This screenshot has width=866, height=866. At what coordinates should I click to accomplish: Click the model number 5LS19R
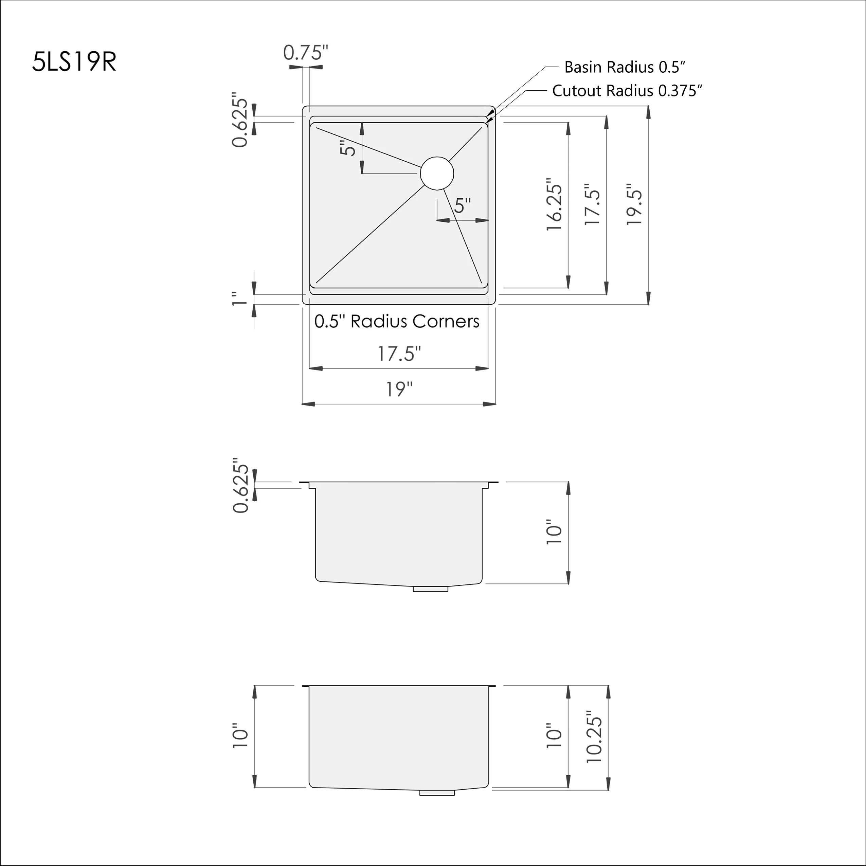pyautogui.click(x=74, y=61)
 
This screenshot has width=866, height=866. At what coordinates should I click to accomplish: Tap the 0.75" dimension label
pyautogui.click(x=306, y=53)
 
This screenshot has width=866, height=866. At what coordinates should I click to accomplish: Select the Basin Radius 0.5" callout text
pyautogui.click(x=625, y=67)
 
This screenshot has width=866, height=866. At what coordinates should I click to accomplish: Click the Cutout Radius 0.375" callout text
pyautogui.click(x=627, y=91)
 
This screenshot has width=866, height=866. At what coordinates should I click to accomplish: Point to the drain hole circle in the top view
pyautogui.click(x=437, y=173)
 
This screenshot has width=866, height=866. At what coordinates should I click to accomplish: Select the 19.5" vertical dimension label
pyautogui.click(x=634, y=205)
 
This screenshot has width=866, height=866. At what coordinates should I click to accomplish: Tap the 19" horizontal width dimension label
pyautogui.click(x=399, y=389)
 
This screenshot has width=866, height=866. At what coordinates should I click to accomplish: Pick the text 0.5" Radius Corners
pyautogui.click(x=397, y=321)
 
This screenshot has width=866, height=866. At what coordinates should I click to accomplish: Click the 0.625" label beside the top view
pyautogui.click(x=240, y=120)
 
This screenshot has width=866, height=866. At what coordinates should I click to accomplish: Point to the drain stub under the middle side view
pyautogui.click(x=430, y=589)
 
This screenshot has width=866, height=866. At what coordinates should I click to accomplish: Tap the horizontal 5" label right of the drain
pyautogui.click(x=462, y=206)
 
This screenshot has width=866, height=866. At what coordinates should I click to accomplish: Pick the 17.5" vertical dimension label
pyautogui.click(x=593, y=205)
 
